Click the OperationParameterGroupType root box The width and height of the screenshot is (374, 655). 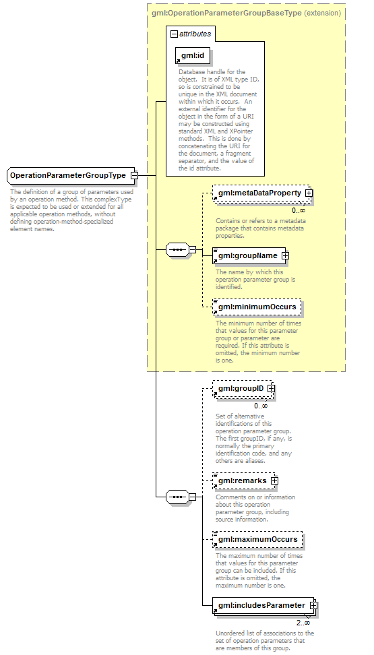pyautogui.click(x=71, y=175)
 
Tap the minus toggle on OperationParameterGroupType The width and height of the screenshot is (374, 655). pyautogui.click(x=134, y=176)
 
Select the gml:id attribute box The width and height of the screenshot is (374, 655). pyautogui.click(x=193, y=56)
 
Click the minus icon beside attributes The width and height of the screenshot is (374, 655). pyautogui.click(x=175, y=34)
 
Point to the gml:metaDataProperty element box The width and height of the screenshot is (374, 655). pyautogui.click(x=261, y=193)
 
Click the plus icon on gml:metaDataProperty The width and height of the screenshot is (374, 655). pyautogui.click(x=309, y=193)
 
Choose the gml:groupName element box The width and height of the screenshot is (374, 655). pyautogui.click(x=249, y=255)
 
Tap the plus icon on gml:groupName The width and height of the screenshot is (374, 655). pyautogui.click(x=285, y=255)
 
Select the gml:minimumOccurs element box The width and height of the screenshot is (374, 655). pyautogui.click(x=257, y=307)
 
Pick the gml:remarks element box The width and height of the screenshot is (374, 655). pyautogui.click(x=244, y=481)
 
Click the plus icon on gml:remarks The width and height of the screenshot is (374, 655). pyautogui.click(x=274, y=481)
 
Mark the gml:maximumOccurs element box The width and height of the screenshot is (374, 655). pyautogui.click(x=258, y=539)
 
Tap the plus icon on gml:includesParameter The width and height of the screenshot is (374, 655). pyautogui.click(x=313, y=605)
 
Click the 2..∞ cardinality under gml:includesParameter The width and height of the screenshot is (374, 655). pyautogui.click(x=303, y=623)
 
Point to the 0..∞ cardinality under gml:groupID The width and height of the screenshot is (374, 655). pyautogui.click(x=261, y=406)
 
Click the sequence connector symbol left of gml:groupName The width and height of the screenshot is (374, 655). pyautogui.click(x=178, y=250)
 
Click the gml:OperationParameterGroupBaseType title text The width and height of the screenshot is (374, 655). pyautogui.click(x=227, y=13)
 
